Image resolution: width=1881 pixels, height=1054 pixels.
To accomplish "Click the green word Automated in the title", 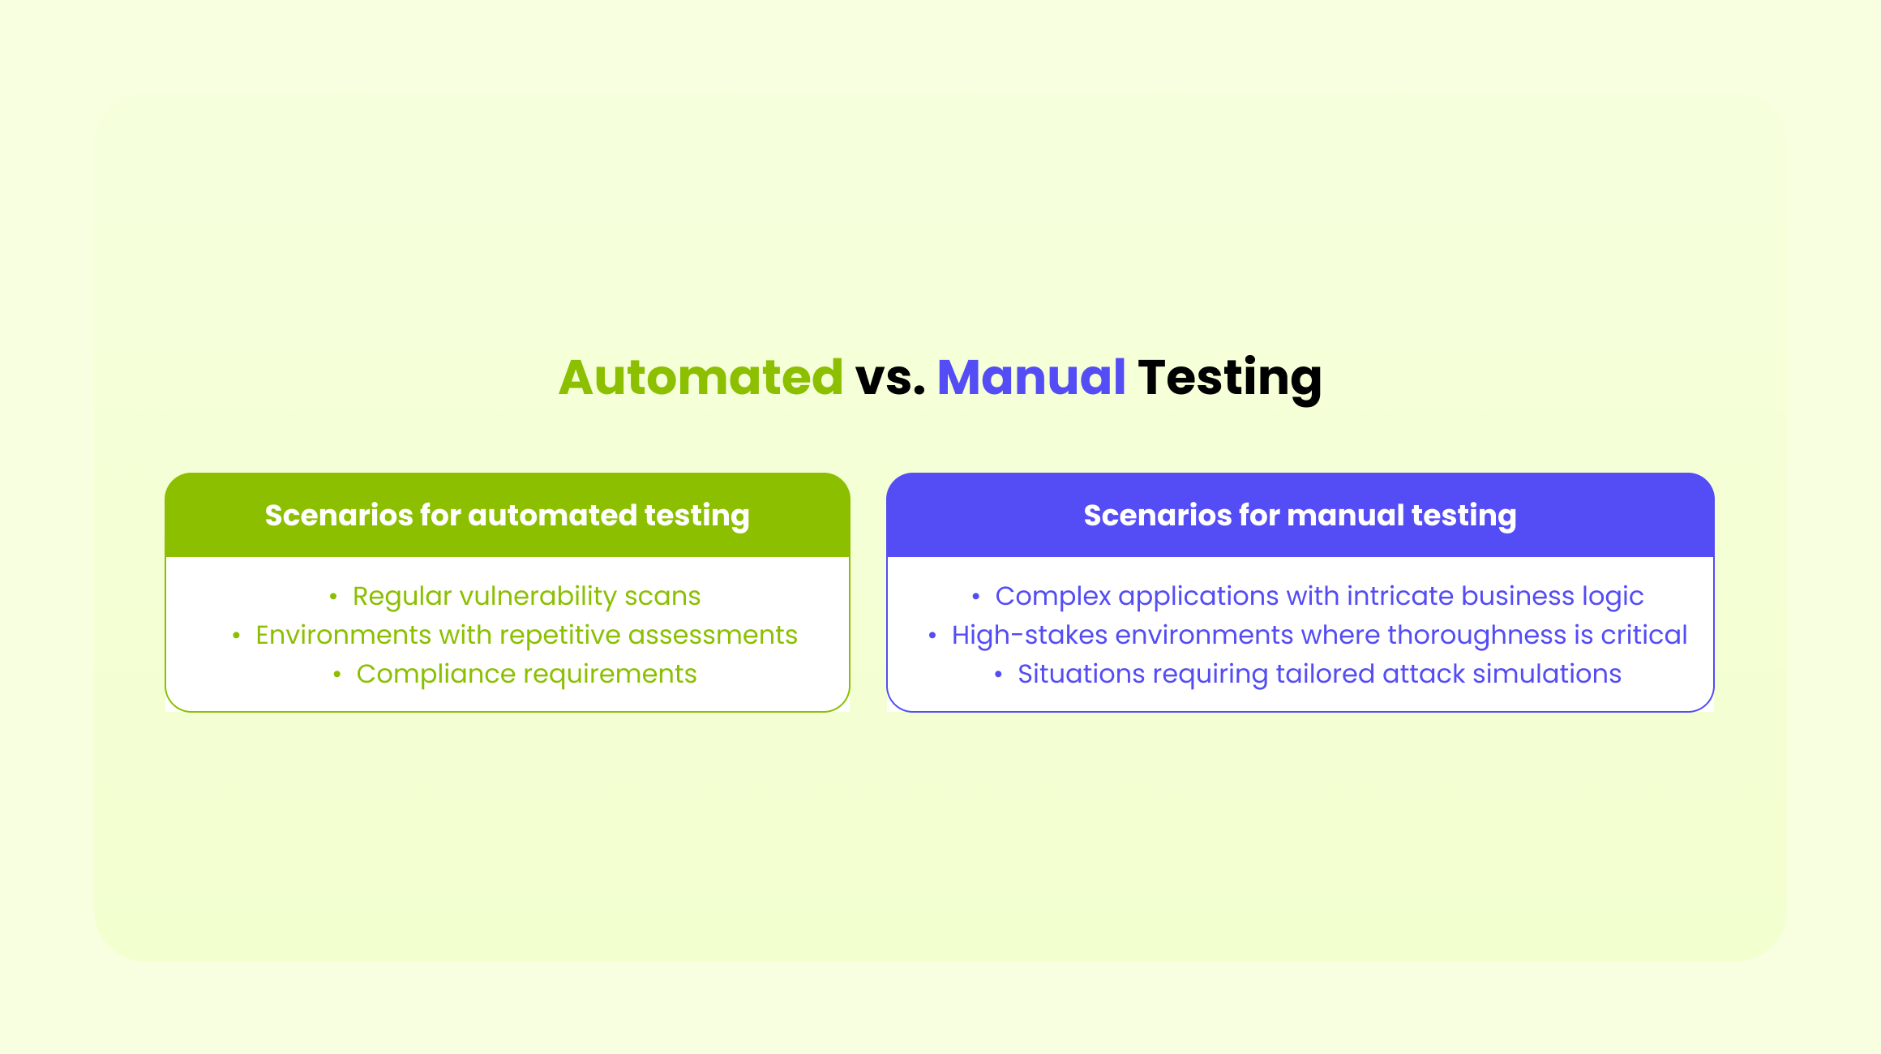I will pyautogui.click(x=701, y=377).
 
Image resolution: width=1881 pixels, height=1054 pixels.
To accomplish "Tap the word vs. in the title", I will pyautogui.click(x=889, y=377).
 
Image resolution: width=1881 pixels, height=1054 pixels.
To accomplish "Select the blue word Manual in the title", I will pyautogui.click(x=1030, y=377).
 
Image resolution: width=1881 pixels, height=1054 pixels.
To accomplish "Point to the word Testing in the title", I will pyautogui.click(x=1229, y=377).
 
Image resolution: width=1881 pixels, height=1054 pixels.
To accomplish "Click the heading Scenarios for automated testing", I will pyautogui.click(x=507, y=515).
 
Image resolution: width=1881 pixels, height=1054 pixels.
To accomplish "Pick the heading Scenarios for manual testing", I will pyautogui.click(x=1300, y=515).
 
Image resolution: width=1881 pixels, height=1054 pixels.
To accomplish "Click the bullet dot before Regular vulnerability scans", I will pyautogui.click(x=333, y=597).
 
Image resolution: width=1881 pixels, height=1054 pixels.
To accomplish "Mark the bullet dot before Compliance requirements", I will pyautogui.click(x=337, y=675).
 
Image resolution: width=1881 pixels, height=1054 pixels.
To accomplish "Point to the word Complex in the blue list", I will pyautogui.click(x=1052, y=596).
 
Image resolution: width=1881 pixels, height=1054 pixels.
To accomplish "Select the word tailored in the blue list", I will pyautogui.click(x=1325, y=674).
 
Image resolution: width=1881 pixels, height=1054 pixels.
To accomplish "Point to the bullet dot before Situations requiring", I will pyautogui.click(x=998, y=675).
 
